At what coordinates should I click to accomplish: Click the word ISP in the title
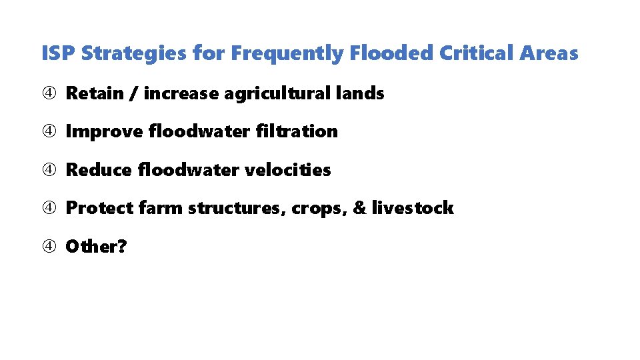tap(58, 53)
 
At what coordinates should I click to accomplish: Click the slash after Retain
tap(133, 94)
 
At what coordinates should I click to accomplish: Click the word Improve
tap(105, 132)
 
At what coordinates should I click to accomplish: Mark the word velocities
tap(288, 170)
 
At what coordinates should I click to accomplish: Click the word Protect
tap(100, 208)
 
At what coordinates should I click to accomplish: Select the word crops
tap(316, 209)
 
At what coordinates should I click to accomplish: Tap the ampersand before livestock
tap(359, 208)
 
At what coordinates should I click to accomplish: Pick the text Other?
tap(97, 247)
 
